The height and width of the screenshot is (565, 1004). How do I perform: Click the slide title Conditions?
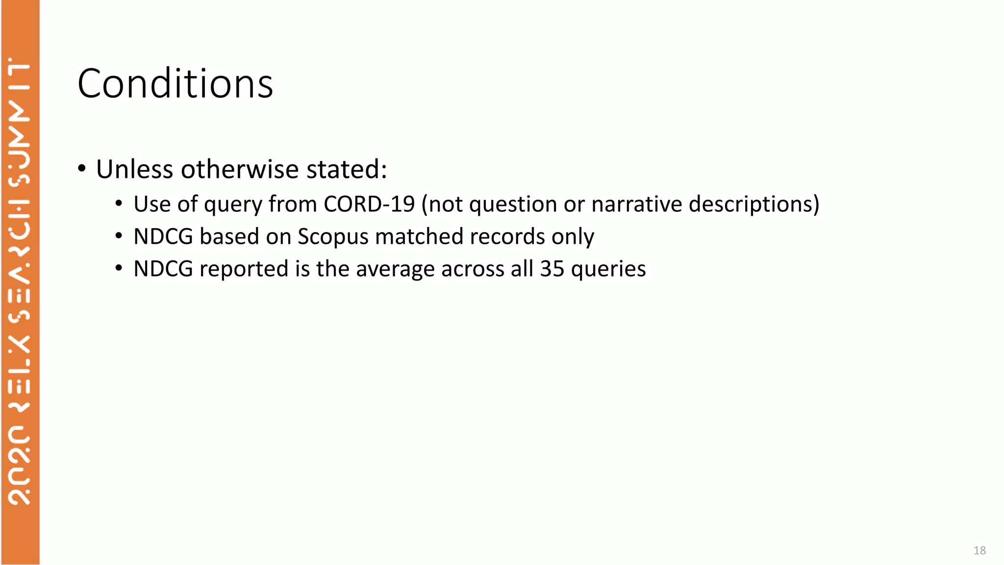[x=175, y=83]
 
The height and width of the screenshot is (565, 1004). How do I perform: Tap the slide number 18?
[x=979, y=550]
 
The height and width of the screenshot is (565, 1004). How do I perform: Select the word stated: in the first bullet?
[x=347, y=169]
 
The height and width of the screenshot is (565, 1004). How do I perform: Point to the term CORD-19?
[x=369, y=204]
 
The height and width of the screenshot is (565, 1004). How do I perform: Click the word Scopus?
[x=333, y=236]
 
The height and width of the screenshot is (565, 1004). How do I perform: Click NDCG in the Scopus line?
[x=163, y=236]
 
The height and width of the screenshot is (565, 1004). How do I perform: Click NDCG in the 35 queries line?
[x=163, y=269]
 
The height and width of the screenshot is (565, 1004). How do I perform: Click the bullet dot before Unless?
[x=82, y=169]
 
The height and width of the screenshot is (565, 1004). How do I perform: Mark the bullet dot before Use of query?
[x=119, y=203]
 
